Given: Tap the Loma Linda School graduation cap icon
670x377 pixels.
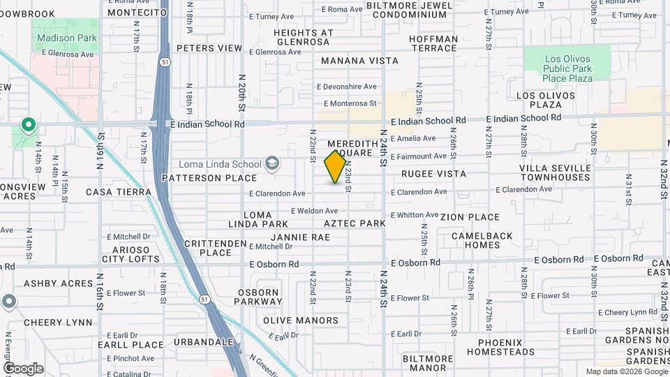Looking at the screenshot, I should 272,165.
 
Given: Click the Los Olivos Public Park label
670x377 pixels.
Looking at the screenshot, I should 568,68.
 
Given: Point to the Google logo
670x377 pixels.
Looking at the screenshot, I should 23,369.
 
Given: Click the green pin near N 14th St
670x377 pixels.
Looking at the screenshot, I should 29,126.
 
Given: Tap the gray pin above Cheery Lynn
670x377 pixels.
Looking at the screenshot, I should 8,302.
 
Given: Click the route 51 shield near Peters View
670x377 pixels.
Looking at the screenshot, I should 163,61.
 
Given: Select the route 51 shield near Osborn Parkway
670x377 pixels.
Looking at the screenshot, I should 204,299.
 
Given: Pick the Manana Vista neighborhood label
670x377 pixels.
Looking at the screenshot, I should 359,61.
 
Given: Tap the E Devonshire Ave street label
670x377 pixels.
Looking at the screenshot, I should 346,87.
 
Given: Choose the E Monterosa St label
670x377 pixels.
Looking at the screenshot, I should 347,103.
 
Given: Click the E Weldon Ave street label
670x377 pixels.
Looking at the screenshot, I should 314,211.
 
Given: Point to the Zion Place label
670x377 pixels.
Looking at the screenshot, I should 470,217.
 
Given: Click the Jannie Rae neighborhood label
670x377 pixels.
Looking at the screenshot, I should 300,237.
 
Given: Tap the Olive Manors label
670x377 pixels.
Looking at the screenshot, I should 301,320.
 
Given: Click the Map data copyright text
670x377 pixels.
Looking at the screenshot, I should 625,371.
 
